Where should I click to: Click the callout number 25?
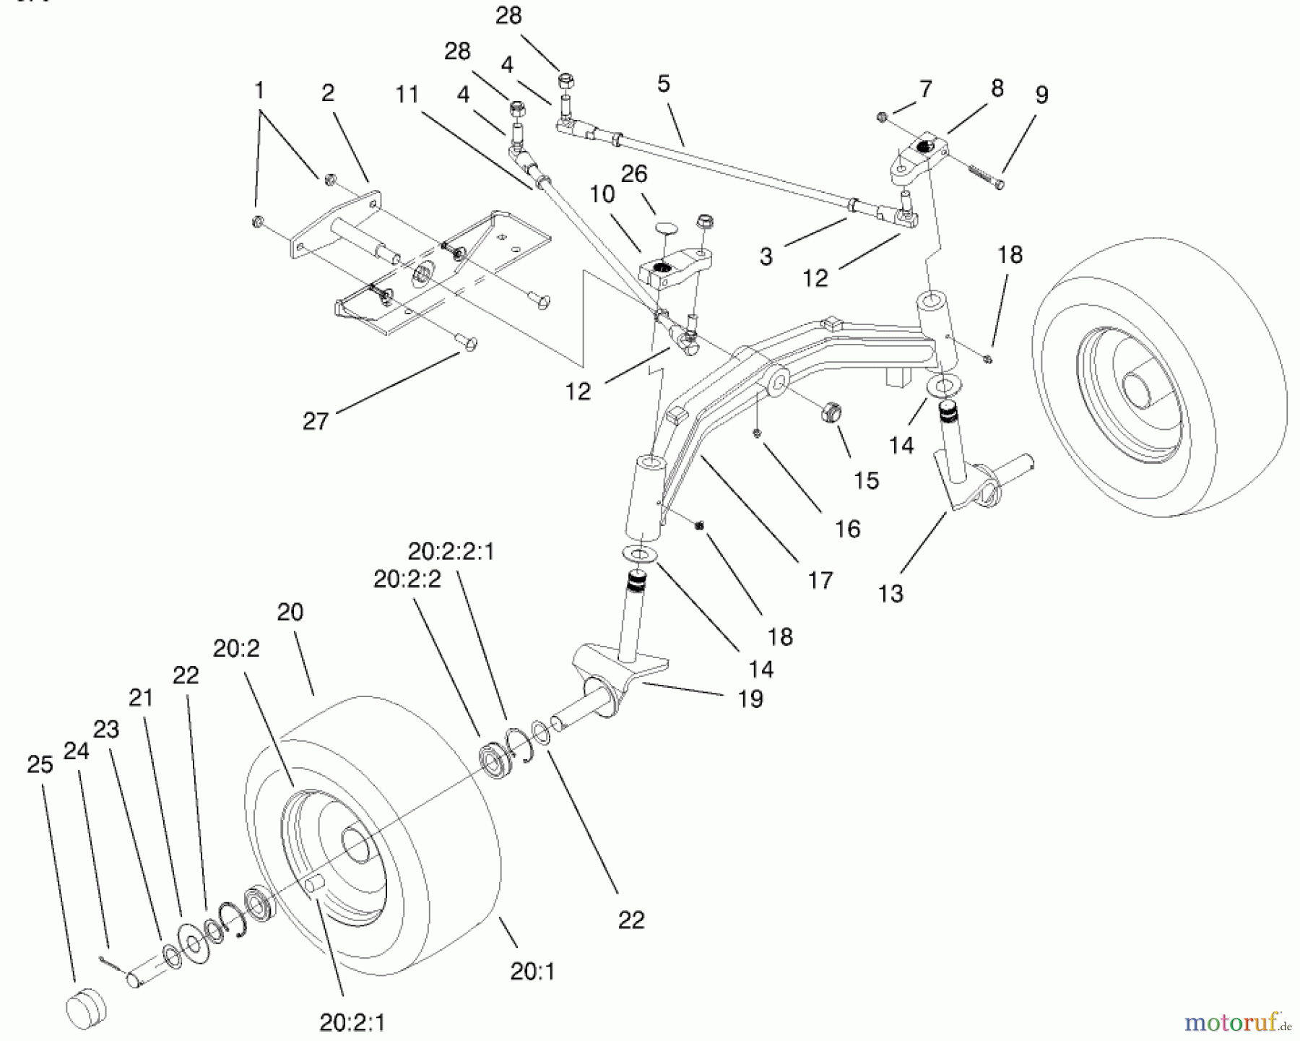(x=40, y=764)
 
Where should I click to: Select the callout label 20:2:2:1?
(x=451, y=552)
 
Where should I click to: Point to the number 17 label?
(x=820, y=580)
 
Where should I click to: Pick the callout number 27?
(x=316, y=421)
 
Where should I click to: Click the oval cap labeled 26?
(x=668, y=228)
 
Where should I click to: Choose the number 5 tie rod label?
(x=664, y=84)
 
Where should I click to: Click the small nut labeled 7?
(x=881, y=116)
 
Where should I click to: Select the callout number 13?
(x=890, y=594)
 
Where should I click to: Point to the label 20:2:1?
(x=352, y=1022)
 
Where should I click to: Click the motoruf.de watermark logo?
(x=1235, y=1022)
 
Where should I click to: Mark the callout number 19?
(x=750, y=699)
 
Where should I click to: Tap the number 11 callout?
(x=407, y=95)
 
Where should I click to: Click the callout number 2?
(x=328, y=92)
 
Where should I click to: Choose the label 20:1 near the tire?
(x=532, y=972)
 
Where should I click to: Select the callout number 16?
(x=848, y=529)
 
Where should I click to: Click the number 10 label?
(x=602, y=194)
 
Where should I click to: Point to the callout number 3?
(x=766, y=256)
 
